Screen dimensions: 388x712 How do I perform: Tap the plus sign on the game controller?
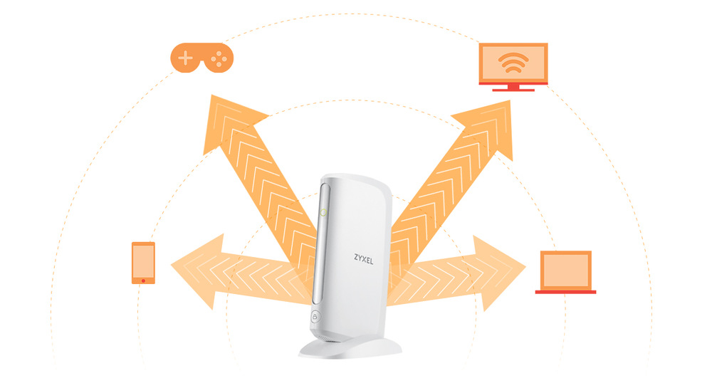coord(186,57)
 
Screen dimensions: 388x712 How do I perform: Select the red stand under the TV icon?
coord(513,88)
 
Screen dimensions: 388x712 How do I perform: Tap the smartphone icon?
coord(143,263)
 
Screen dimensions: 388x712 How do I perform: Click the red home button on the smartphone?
coord(143,280)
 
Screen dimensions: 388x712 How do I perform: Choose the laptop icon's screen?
coord(565,269)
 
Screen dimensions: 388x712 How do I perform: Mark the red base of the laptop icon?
coord(565,291)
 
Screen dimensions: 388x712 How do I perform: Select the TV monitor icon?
coord(513,65)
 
